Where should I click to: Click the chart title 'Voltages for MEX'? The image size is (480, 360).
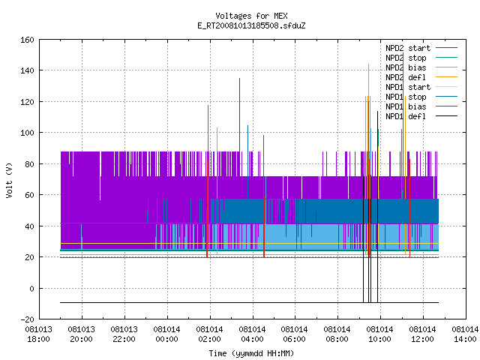[x=251, y=16]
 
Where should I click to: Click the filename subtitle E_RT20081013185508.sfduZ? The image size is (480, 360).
[x=251, y=25]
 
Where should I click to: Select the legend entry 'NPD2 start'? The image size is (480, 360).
[x=408, y=48]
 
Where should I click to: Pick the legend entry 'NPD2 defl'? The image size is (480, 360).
[x=406, y=77]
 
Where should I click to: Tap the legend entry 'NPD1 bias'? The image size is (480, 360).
[x=406, y=106]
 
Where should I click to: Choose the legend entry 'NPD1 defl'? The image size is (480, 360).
[x=406, y=116]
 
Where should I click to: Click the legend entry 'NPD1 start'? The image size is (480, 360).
[x=408, y=87]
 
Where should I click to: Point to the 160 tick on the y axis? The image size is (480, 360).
[x=27, y=40]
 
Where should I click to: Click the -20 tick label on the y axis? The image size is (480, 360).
[x=27, y=319]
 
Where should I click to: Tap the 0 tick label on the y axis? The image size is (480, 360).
[x=31, y=288]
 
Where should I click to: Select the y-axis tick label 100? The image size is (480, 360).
[x=27, y=133]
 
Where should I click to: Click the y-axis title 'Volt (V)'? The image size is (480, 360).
[x=9, y=180]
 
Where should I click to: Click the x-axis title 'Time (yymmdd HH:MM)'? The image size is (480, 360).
[x=251, y=353]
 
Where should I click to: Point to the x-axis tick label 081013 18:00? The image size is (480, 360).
[x=38, y=334]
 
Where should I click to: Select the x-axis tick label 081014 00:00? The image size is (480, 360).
[x=166, y=334]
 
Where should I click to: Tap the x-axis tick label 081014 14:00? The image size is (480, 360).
[x=465, y=334]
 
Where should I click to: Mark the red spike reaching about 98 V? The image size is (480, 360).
[x=263, y=196]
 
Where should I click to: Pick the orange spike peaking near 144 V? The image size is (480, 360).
[x=368, y=159]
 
